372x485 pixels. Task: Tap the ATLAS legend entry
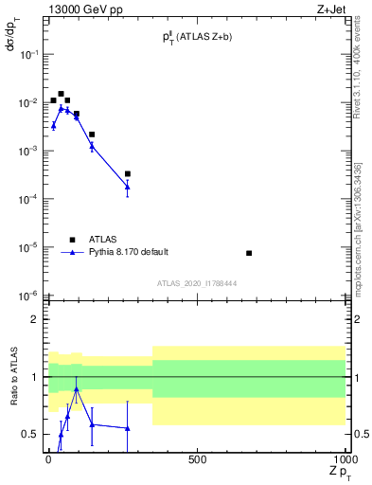107,240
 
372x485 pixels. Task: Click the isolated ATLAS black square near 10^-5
248,253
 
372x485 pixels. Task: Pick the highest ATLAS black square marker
61,94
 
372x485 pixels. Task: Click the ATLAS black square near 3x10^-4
128,173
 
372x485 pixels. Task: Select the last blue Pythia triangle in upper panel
128,186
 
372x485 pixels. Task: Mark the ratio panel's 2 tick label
35,319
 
